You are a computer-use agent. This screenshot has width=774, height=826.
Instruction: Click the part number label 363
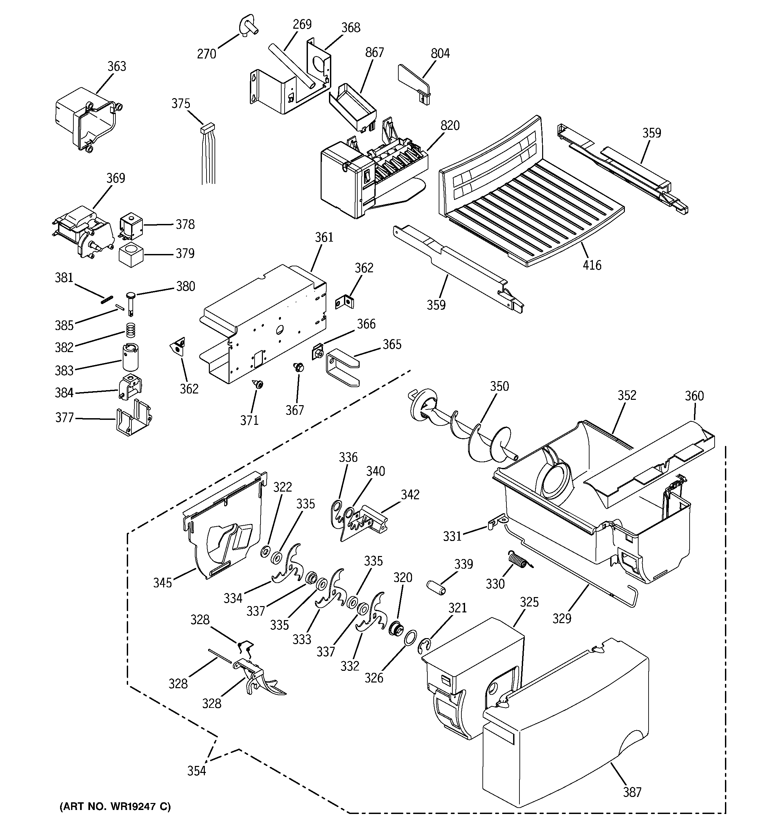pyautogui.click(x=117, y=66)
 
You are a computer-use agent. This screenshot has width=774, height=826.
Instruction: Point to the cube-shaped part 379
pyautogui.click(x=131, y=255)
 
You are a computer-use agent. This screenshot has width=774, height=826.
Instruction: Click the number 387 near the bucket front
pyautogui.click(x=632, y=792)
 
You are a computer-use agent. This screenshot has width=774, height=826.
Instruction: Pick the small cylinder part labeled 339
pyautogui.click(x=436, y=587)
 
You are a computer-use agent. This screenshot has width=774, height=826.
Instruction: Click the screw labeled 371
pyautogui.click(x=259, y=385)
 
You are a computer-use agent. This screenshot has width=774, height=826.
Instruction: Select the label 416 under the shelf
pyautogui.click(x=592, y=265)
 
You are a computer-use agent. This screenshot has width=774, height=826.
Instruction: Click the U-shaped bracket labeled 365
pyautogui.click(x=342, y=367)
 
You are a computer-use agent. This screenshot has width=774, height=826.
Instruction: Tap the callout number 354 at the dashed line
pyautogui.click(x=197, y=771)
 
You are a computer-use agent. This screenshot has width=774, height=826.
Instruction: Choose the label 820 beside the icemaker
pyautogui.click(x=450, y=125)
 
